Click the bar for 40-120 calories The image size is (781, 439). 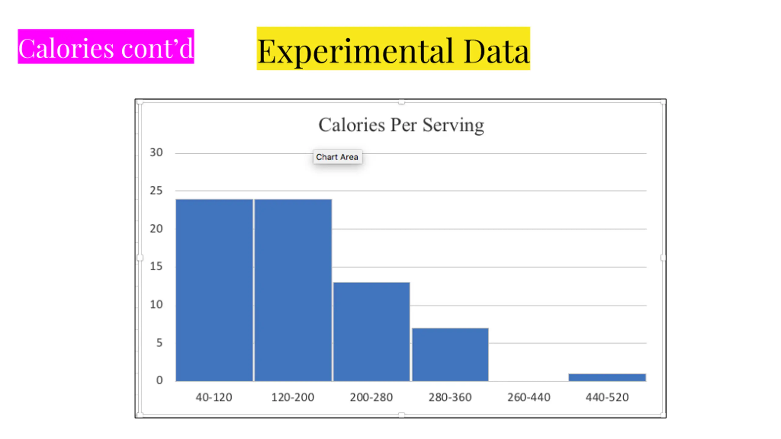tap(214, 290)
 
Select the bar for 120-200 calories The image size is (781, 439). tap(293, 290)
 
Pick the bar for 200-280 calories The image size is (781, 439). tap(371, 331)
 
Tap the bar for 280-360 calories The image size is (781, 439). tap(450, 354)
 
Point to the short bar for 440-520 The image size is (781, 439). tap(607, 377)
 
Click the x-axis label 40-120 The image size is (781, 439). tap(214, 397)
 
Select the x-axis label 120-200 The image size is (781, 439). tap(293, 397)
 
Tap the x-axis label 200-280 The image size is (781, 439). tap(371, 397)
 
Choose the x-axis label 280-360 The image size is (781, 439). tap(450, 397)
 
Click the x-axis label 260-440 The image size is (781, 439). tap(529, 397)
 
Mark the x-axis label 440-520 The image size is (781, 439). tap(607, 397)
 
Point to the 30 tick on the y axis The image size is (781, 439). tap(156, 152)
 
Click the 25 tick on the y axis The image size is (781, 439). tap(156, 191)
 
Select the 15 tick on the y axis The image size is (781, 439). tap(156, 266)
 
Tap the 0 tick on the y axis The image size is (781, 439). tap(159, 380)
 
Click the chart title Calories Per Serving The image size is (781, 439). tap(401, 125)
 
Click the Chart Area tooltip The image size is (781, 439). tap(337, 157)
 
